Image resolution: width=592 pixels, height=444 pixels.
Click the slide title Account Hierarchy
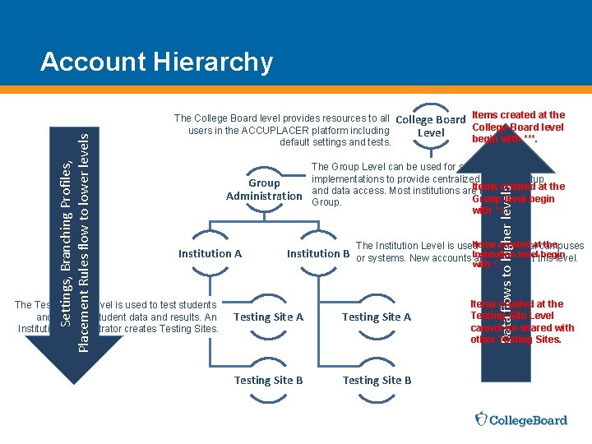pos(156,62)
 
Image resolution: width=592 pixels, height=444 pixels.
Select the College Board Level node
pos(431,126)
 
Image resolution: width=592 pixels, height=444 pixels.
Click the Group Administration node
pos(265,189)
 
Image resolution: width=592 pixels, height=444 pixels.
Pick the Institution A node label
pos(210,253)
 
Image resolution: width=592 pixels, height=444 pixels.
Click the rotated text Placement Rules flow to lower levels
pos(84,238)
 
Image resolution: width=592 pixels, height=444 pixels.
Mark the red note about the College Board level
pos(518,127)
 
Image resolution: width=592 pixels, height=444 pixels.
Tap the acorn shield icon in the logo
pos(483,420)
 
